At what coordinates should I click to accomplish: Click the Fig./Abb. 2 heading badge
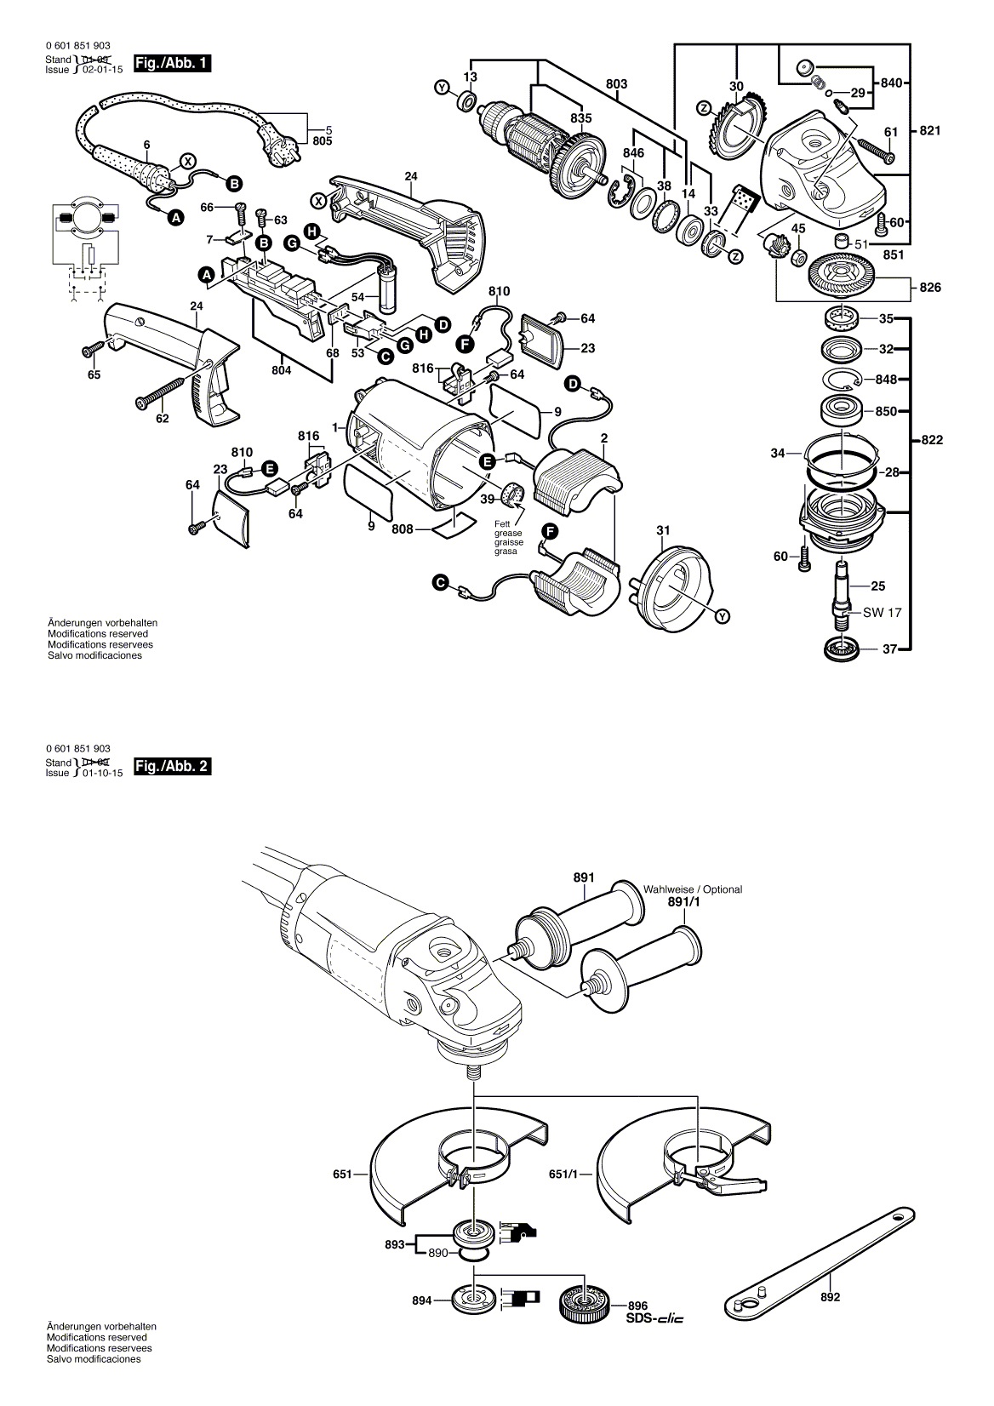tap(173, 766)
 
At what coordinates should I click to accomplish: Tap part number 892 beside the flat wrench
tap(830, 1297)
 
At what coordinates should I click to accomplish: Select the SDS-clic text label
tap(655, 1317)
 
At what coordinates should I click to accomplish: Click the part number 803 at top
tap(616, 83)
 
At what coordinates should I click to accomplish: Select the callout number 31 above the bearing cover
tap(663, 532)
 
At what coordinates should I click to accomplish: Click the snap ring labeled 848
tap(843, 380)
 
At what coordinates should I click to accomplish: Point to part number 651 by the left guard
tap(343, 1175)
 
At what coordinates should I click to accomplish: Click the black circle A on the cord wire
tap(175, 218)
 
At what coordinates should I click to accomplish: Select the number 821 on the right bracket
tap(930, 131)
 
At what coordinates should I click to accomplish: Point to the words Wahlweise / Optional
tap(693, 889)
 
